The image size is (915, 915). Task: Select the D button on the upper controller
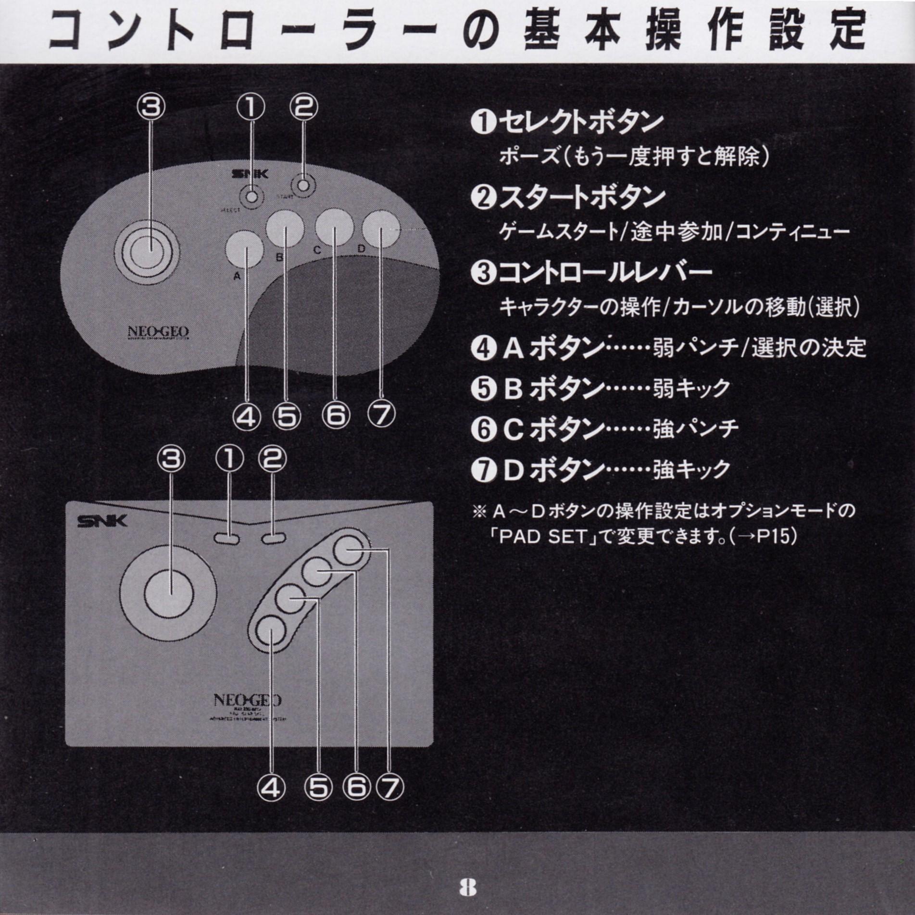click(x=381, y=230)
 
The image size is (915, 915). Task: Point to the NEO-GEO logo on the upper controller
click(x=158, y=332)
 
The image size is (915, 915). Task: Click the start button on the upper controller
click(x=303, y=186)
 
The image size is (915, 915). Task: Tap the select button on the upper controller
click(x=251, y=197)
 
